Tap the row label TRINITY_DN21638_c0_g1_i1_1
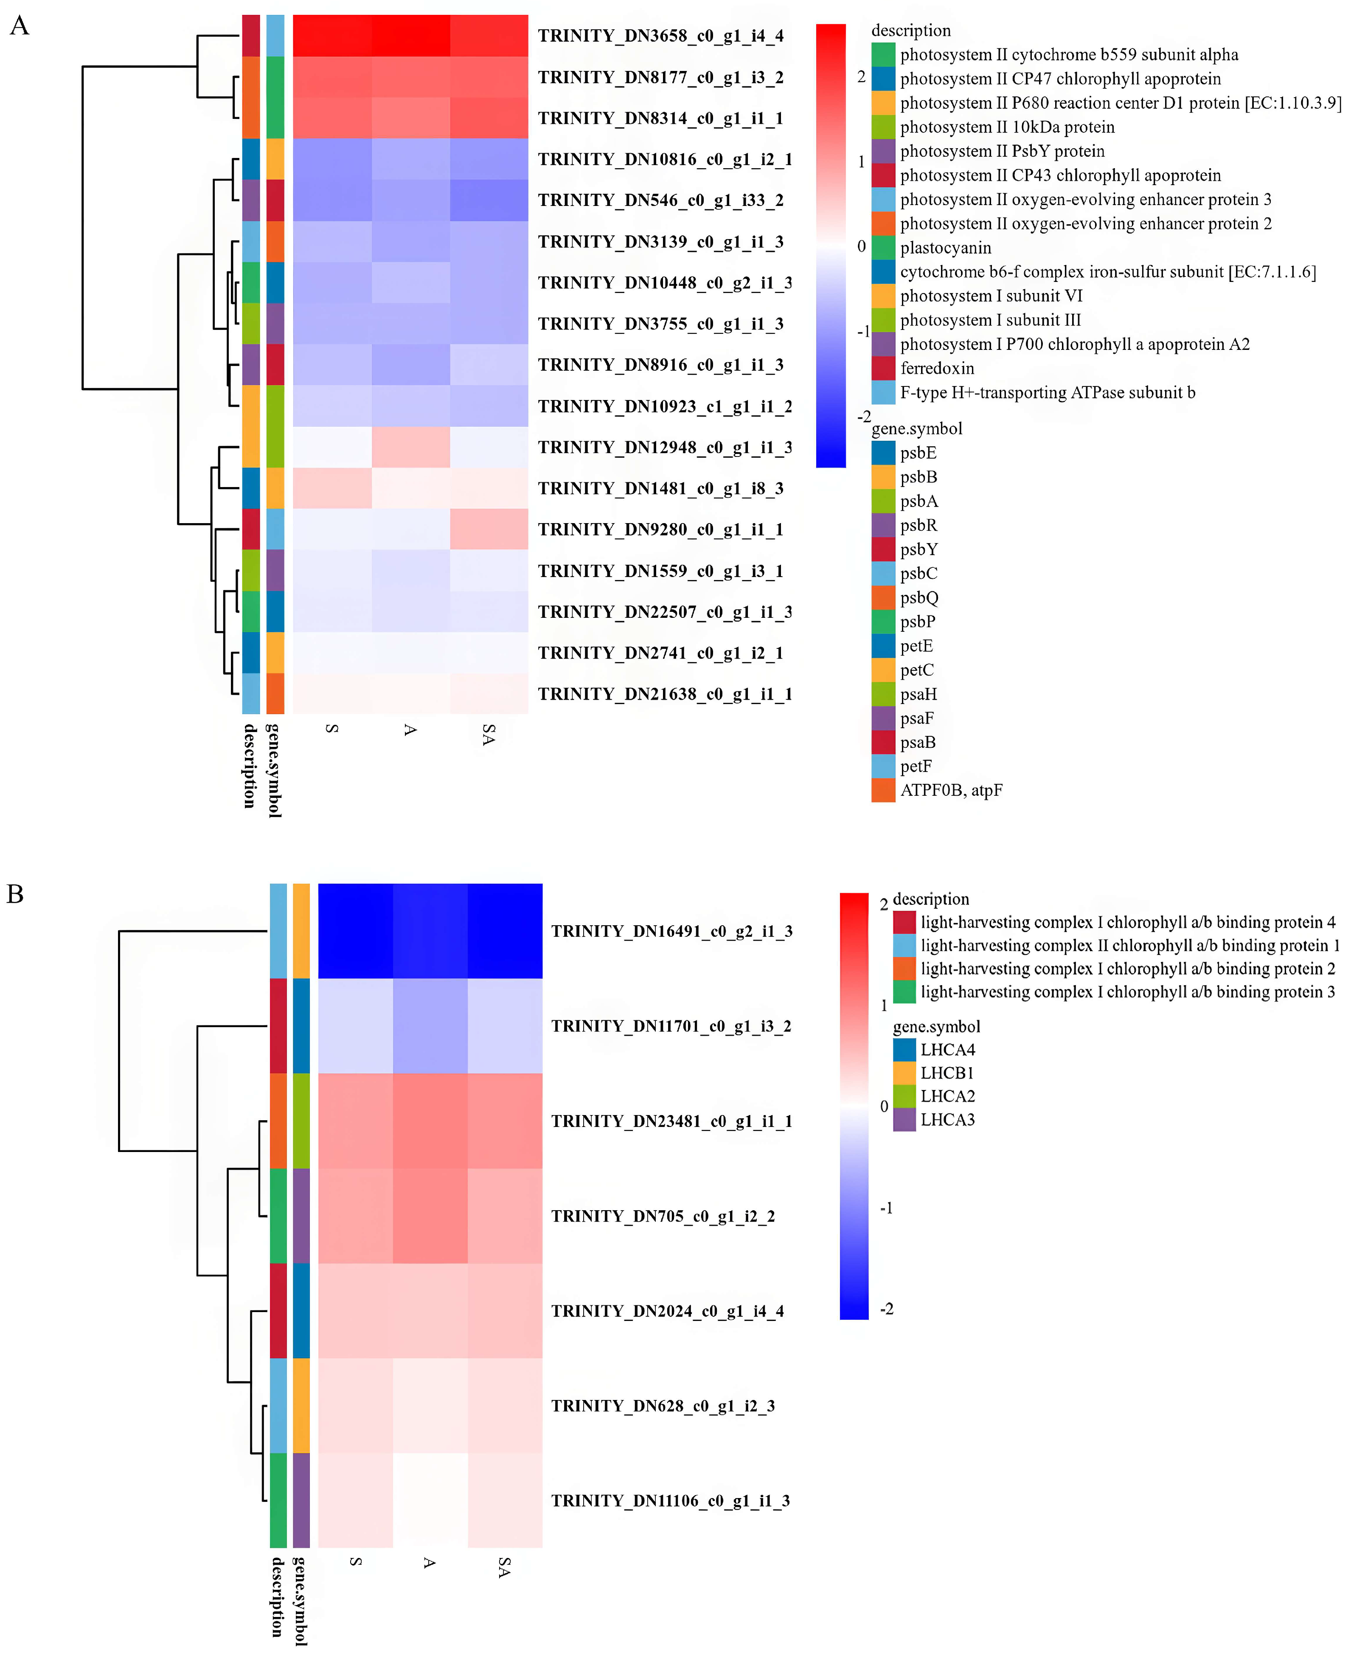[x=665, y=694]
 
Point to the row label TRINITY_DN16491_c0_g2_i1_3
[x=671, y=931]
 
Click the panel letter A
[x=20, y=26]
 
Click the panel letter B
[x=16, y=894]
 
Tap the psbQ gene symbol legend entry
[x=919, y=597]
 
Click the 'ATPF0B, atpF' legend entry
[x=951, y=790]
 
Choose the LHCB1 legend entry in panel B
[x=947, y=1073]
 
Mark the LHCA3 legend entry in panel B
[x=947, y=1119]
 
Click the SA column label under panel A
[x=489, y=734]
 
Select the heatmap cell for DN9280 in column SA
[x=489, y=530]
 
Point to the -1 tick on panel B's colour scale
[x=886, y=1208]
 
